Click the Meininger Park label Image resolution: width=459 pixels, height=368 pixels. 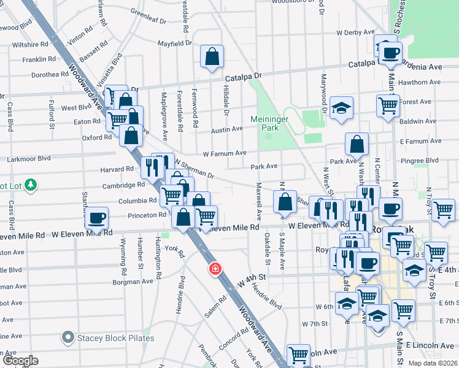[x=264, y=123]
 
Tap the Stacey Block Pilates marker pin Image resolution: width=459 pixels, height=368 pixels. [x=68, y=337]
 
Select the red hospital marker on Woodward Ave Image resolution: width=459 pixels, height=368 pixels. [x=215, y=269]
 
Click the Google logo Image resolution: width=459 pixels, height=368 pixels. [x=20, y=361]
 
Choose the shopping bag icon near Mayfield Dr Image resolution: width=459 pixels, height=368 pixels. [x=212, y=57]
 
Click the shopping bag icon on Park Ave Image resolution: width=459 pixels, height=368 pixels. [x=357, y=145]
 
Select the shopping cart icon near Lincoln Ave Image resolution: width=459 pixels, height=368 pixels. [x=298, y=355]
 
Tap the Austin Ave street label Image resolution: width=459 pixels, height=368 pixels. [x=227, y=129]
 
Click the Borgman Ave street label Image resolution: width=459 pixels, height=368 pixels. [x=132, y=282]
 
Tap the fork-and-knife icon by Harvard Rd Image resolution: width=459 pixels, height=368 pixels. [x=151, y=167]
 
